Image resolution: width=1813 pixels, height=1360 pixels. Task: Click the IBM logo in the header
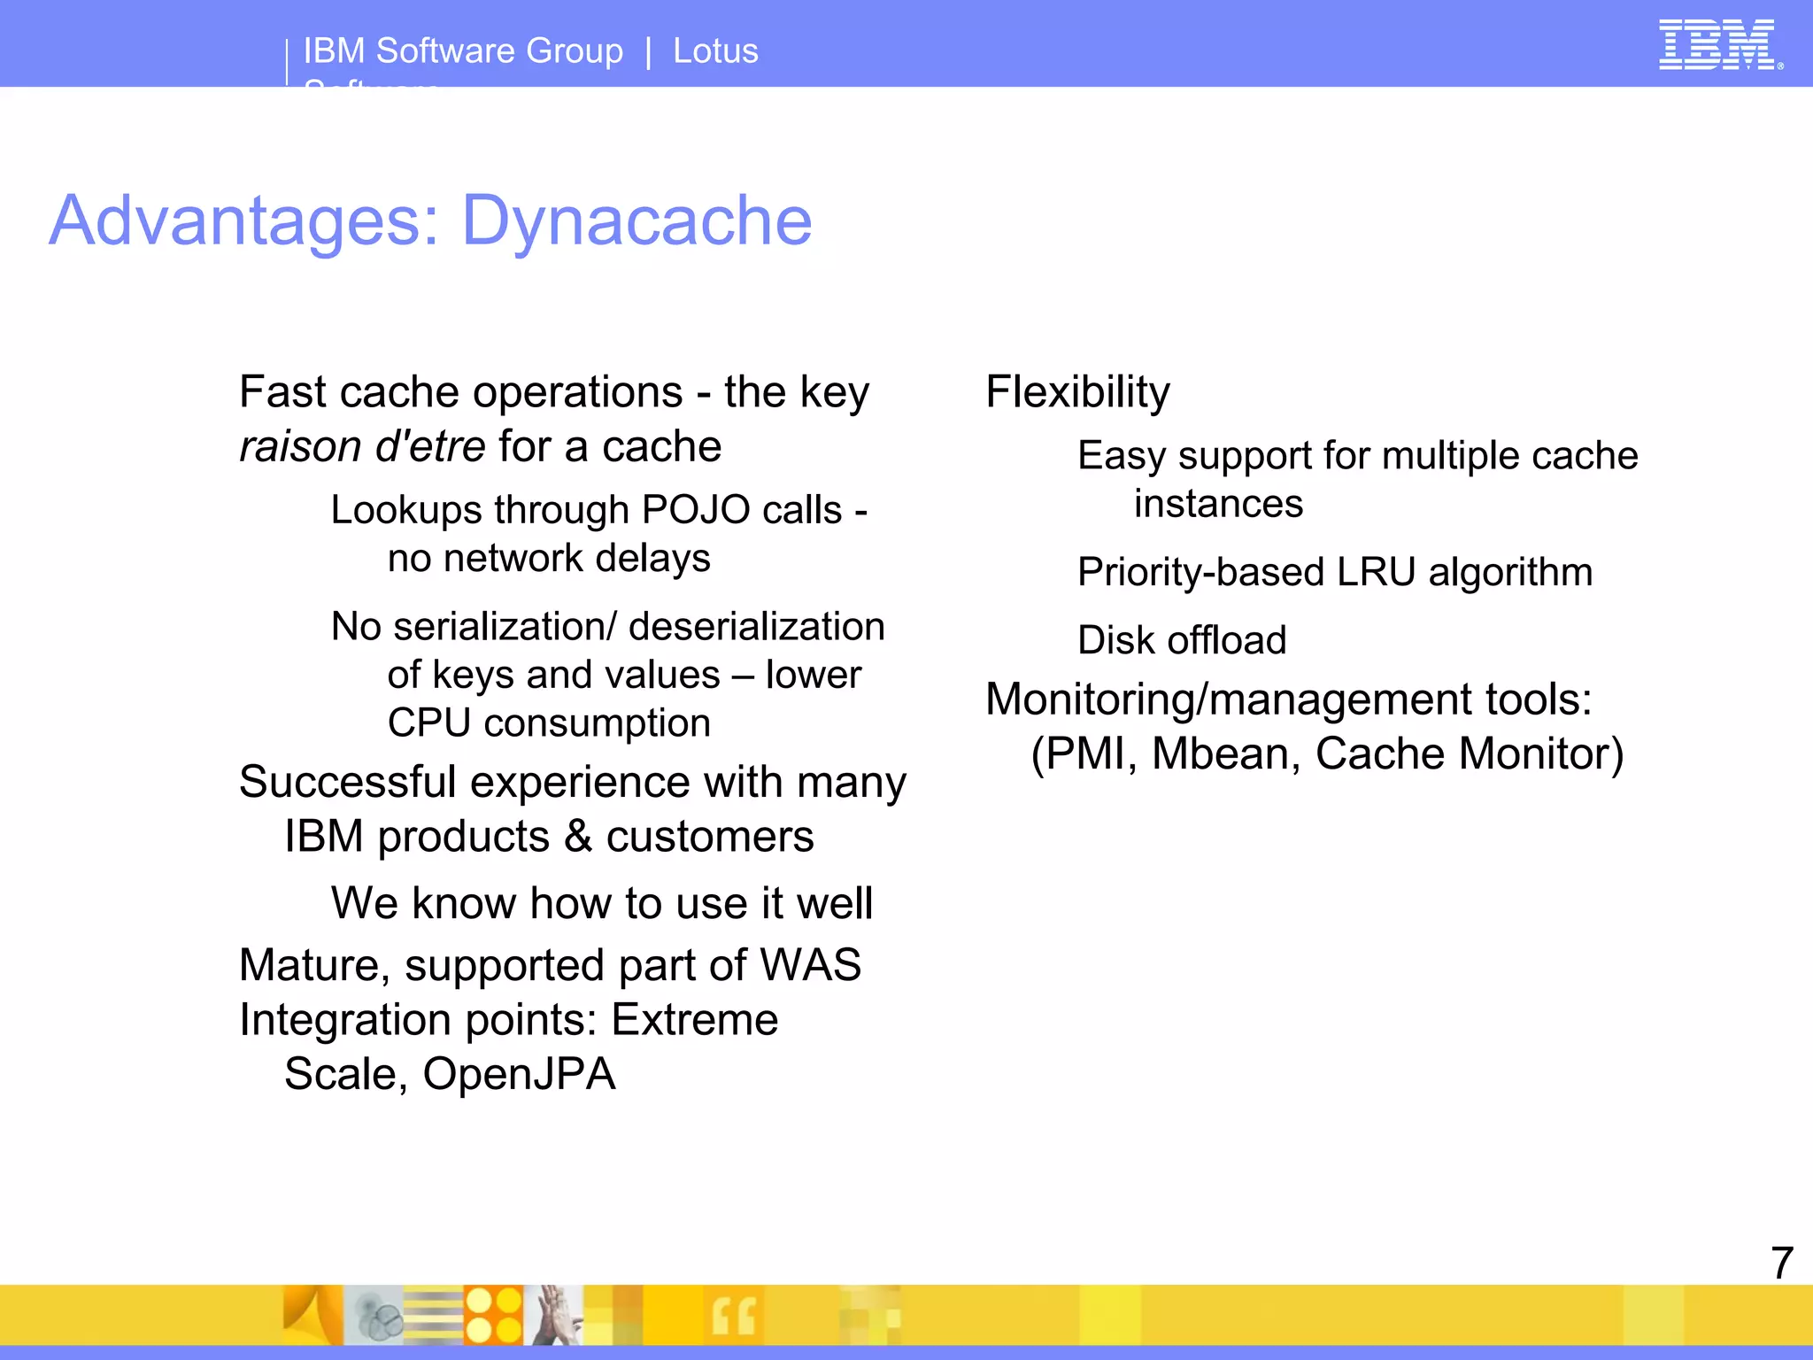click(x=1717, y=44)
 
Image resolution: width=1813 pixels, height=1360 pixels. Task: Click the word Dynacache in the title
click(x=636, y=220)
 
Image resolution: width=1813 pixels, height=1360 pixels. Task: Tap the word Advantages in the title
click(x=243, y=220)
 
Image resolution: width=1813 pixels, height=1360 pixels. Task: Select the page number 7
click(x=1781, y=1262)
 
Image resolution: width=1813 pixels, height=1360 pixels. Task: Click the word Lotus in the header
click(x=715, y=51)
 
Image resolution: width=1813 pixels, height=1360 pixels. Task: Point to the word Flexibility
click(x=1077, y=392)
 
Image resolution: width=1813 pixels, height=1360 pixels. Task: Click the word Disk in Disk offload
click(x=1110, y=640)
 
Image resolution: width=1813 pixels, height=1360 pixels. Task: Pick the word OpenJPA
click(x=519, y=1074)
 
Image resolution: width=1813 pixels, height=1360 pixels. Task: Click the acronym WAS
click(x=810, y=965)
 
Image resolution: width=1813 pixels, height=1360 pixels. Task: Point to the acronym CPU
click(x=428, y=723)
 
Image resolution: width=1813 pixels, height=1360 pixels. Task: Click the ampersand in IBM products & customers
click(x=578, y=837)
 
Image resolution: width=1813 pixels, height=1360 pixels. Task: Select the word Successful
click(x=348, y=783)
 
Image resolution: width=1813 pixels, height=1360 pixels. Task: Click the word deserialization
click(x=756, y=627)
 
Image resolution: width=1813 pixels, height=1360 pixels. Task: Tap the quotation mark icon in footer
click(x=733, y=1317)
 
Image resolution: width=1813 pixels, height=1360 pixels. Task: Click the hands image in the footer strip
click(x=554, y=1315)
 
